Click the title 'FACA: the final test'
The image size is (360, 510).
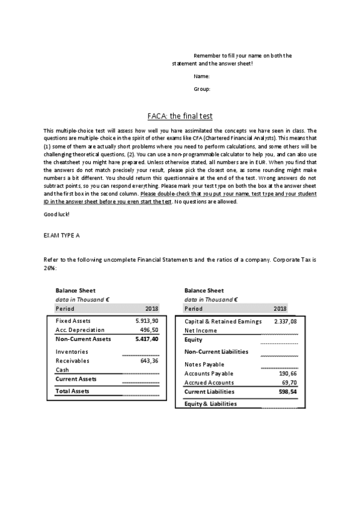180,117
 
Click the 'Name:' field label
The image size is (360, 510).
201,77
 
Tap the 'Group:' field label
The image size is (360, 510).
201,89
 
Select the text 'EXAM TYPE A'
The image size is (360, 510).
62,235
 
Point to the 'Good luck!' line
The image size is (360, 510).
56,215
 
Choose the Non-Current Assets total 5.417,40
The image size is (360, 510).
147,339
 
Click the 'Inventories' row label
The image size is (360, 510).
72,352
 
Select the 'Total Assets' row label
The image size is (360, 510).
72,391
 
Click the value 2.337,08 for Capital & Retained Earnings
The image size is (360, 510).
285,321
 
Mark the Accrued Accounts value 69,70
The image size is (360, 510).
289,382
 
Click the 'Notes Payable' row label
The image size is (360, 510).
204,364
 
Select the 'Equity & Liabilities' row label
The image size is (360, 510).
210,404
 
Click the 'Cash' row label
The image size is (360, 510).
62,370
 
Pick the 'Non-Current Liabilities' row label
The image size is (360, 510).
216,352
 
